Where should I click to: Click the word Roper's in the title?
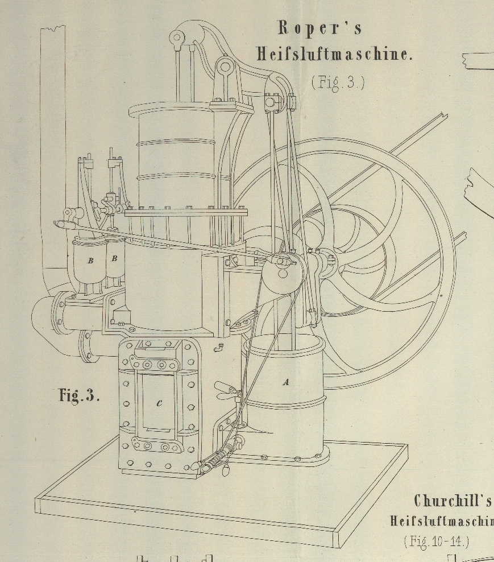tap(319, 28)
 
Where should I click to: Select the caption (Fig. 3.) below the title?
tap(338, 82)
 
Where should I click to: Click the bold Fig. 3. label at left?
tap(79, 395)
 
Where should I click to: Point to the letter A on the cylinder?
tap(285, 383)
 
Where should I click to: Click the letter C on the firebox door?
tap(159, 403)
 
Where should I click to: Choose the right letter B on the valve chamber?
tap(114, 259)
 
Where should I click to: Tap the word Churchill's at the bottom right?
tap(453, 501)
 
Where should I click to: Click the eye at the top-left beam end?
tap(177, 38)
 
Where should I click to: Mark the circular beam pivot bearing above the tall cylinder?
tap(225, 68)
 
